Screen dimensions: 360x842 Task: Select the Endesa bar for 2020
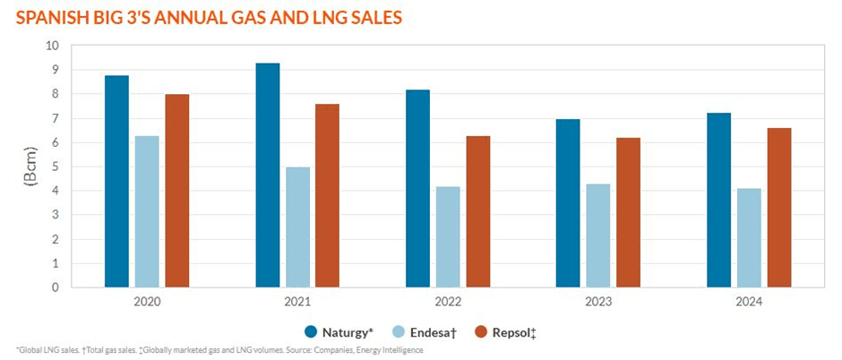click(147, 212)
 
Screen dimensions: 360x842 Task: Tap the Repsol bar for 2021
click(327, 196)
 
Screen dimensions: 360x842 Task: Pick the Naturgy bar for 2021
click(267, 176)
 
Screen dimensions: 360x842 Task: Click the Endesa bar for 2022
click(448, 237)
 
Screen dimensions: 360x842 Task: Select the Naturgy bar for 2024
click(719, 201)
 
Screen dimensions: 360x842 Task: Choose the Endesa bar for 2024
click(749, 238)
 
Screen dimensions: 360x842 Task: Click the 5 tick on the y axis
click(55, 167)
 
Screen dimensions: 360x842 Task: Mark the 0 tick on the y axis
click(55, 288)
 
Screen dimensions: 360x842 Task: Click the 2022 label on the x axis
click(448, 303)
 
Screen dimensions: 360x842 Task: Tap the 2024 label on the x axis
click(749, 303)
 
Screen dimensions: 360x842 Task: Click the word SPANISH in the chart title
click(47, 16)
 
